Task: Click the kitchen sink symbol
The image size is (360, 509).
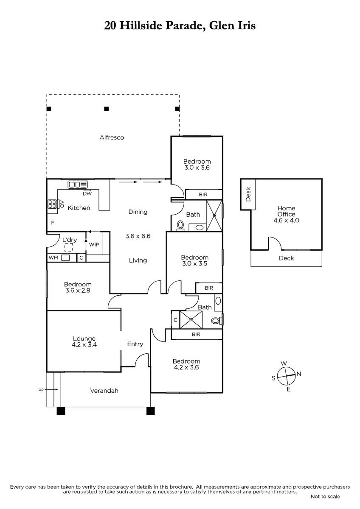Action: (x=78, y=184)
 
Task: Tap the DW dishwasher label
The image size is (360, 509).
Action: (x=87, y=193)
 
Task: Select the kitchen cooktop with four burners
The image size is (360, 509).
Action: (x=52, y=204)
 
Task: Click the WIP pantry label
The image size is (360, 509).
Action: (x=94, y=244)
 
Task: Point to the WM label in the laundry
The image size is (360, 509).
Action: (x=53, y=257)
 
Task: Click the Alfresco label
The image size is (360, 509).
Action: (x=112, y=137)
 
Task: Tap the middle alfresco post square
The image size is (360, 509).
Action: (x=107, y=109)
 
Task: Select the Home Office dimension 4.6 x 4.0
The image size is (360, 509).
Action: (x=286, y=220)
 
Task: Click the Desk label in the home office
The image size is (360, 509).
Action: (x=248, y=194)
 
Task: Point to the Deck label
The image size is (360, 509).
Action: (x=286, y=258)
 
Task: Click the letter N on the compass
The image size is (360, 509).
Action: (x=299, y=374)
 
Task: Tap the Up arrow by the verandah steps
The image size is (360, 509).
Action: (x=53, y=389)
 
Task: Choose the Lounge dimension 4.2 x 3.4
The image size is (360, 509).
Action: (x=84, y=344)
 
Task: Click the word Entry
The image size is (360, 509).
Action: (x=135, y=344)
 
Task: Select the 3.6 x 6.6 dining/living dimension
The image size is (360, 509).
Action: (x=138, y=236)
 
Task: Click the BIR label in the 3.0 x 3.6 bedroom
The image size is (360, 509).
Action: (x=203, y=195)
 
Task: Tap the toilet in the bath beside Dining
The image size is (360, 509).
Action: (x=180, y=226)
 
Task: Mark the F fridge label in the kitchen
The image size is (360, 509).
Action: (x=53, y=223)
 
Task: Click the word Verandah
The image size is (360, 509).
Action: (x=104, y=391)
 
